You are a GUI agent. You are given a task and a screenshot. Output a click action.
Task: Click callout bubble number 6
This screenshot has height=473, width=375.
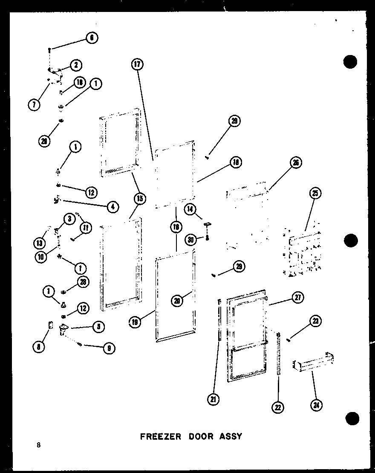(91, 38)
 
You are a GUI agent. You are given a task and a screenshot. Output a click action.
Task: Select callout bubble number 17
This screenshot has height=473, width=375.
(137, 65)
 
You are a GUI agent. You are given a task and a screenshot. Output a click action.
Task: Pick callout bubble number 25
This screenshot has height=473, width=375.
(314, 193)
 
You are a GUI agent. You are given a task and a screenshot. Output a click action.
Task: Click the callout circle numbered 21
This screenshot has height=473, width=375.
(213, 399)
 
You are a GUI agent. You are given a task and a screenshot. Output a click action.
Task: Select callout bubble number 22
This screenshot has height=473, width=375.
(278, 407)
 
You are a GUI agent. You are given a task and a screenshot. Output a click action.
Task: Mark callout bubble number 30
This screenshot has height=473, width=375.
(191, 240)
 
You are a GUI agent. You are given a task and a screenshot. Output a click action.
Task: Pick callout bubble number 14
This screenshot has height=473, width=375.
(191, 209)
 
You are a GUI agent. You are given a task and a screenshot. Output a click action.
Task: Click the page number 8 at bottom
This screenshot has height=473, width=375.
(39, 445)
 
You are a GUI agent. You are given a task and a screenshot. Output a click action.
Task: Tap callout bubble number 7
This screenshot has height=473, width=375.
(35, 104)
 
